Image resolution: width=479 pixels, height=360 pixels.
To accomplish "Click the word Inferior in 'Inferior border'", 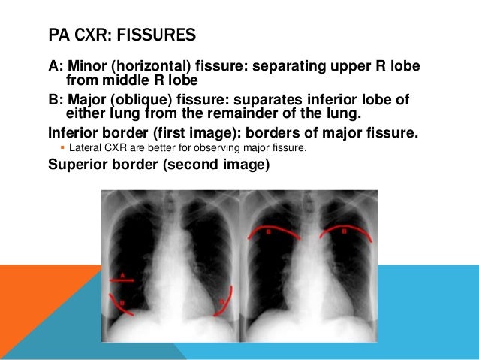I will [74, 133].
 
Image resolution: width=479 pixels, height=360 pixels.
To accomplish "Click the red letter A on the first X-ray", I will [121, 274].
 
